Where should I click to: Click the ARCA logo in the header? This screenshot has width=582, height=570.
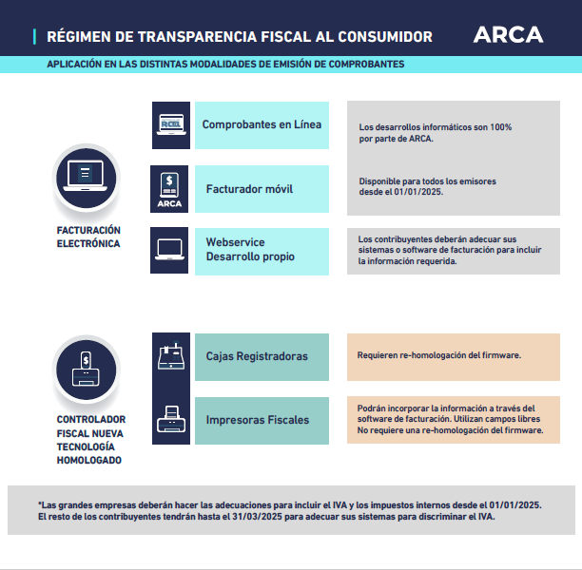(509, 35)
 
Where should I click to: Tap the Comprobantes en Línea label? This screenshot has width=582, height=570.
(262, 124)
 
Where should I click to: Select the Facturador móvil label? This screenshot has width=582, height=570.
(249, 189)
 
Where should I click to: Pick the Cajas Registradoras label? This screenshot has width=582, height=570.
(257, 356)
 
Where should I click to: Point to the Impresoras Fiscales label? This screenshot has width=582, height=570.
(257, 420)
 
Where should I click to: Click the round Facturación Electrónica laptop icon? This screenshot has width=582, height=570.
(87, 177)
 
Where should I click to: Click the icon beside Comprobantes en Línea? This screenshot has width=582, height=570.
(170, 125)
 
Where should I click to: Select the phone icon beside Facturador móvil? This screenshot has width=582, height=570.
(170, 189)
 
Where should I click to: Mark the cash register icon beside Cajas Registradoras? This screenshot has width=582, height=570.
(170, 356)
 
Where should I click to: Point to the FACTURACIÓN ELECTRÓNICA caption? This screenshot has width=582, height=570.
(88, 237)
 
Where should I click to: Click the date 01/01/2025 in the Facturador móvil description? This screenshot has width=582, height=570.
(415, 191)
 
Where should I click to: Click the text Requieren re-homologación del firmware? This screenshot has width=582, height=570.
(438, 355)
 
